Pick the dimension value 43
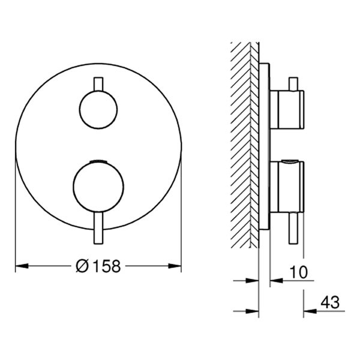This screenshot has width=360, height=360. tap(329, 303)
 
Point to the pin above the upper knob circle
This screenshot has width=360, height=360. tap(98, 83)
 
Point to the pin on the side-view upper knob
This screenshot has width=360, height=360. tap(293, 83)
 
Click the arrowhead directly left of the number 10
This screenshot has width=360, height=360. tap(274, 280)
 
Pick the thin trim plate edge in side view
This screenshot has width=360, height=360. tap(264, 144)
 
